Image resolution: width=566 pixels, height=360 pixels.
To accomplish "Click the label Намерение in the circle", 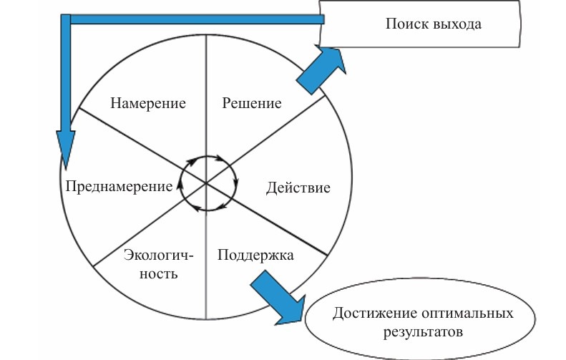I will point(148,102).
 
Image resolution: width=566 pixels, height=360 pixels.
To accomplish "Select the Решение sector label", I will point(251,102).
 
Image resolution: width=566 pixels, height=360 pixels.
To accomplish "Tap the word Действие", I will point(298,188).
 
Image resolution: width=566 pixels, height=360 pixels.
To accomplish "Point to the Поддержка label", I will point(255,255).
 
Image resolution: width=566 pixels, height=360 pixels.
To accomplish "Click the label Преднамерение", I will point(118,186).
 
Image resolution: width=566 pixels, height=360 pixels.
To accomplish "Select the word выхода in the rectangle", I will point(457,24).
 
